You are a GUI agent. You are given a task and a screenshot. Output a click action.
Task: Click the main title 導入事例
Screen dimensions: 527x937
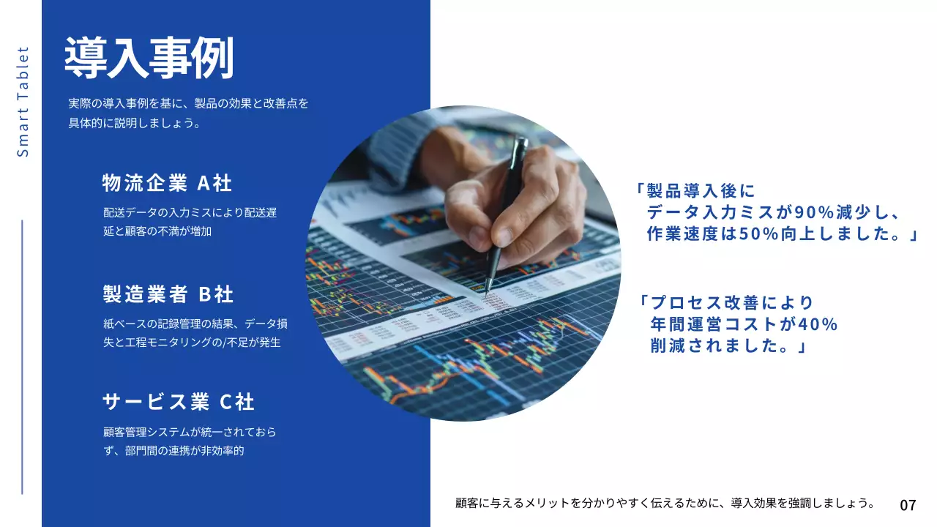[149, 58]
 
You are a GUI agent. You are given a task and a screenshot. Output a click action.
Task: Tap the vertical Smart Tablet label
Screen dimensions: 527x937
[23, 102]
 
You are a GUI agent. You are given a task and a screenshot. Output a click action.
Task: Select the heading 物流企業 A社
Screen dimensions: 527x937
[167, 183]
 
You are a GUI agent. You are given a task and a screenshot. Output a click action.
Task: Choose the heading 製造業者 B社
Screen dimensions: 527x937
[168, 294]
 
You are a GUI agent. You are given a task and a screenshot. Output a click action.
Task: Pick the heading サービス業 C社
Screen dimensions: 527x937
[179, 402]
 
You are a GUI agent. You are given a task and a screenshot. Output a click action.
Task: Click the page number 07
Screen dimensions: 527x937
[908, 505]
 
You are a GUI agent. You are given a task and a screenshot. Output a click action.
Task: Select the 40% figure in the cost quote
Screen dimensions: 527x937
[818, 324]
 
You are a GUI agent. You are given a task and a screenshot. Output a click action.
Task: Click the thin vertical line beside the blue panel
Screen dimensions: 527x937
[22, 356]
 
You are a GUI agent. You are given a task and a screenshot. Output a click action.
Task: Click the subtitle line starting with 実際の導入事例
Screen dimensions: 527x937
[188, 103]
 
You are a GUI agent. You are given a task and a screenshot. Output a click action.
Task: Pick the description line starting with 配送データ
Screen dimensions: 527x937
[190, 213]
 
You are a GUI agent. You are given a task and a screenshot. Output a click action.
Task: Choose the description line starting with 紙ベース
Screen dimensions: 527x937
[195, 324]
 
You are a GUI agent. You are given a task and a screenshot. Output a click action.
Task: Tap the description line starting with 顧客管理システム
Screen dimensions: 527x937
[190, 433]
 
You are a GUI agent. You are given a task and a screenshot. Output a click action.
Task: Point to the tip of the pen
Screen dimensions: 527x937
[487, 292]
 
